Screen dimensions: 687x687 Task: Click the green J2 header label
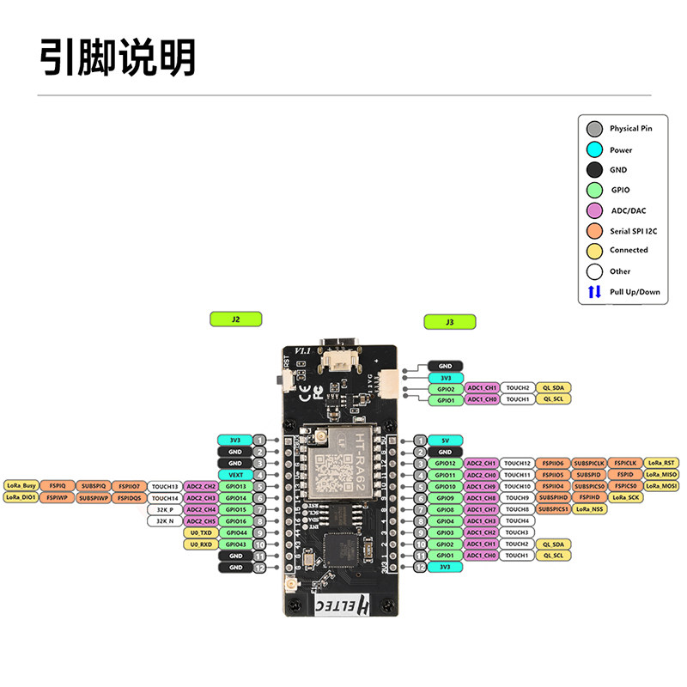(235, 319)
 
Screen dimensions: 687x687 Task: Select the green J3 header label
(449, 323)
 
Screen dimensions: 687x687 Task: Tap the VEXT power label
(235, 475)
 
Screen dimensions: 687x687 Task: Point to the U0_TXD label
(200, 532)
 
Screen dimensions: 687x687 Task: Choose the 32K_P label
(165, 509)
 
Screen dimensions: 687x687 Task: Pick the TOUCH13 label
(165, 486)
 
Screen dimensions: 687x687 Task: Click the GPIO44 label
(235, 532)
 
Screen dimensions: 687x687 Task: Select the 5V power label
(445, 440)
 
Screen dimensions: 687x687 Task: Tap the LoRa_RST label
(662, 463)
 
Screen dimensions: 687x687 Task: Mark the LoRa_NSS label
(591, 509)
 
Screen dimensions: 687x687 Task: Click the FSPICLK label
(625, 463)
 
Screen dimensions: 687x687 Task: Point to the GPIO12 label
(445, 463)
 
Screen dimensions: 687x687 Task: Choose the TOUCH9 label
(517, 498)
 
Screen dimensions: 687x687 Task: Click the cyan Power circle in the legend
(594, 149)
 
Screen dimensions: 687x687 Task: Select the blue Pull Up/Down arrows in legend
(594, 292)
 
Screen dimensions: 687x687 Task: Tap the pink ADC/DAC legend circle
(594, 210)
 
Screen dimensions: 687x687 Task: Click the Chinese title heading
(119, 58)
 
